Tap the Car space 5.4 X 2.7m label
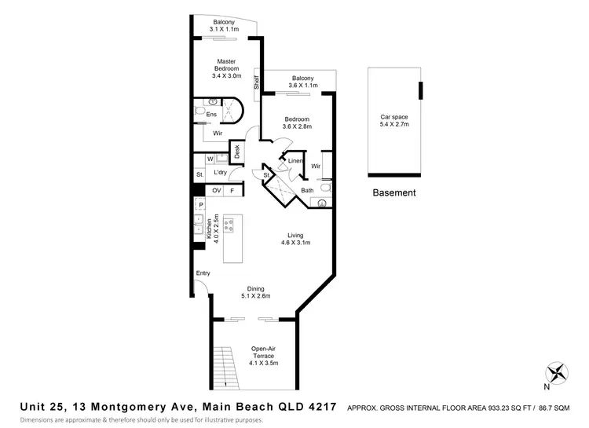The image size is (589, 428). pos(395,121)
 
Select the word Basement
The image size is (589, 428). pos(394,192)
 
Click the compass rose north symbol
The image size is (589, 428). pos(557,372)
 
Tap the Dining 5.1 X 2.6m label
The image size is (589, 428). pos(258,292)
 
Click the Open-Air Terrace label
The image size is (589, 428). pos(264,355)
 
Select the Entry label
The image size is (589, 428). pos(203,273)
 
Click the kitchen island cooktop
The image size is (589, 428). pos(229,226)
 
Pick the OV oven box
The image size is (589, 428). pos(217,191)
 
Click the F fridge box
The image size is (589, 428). pos(232,191)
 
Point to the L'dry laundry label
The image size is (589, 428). pos(221,173)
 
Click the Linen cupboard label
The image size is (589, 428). pos(295,161)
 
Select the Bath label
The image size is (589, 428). pos(308,190)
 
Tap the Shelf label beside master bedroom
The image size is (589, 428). pos(255,81)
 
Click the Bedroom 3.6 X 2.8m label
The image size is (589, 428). pos(298,123)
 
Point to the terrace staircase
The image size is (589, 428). pos(225,366)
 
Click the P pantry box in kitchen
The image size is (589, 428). pos(200,206)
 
